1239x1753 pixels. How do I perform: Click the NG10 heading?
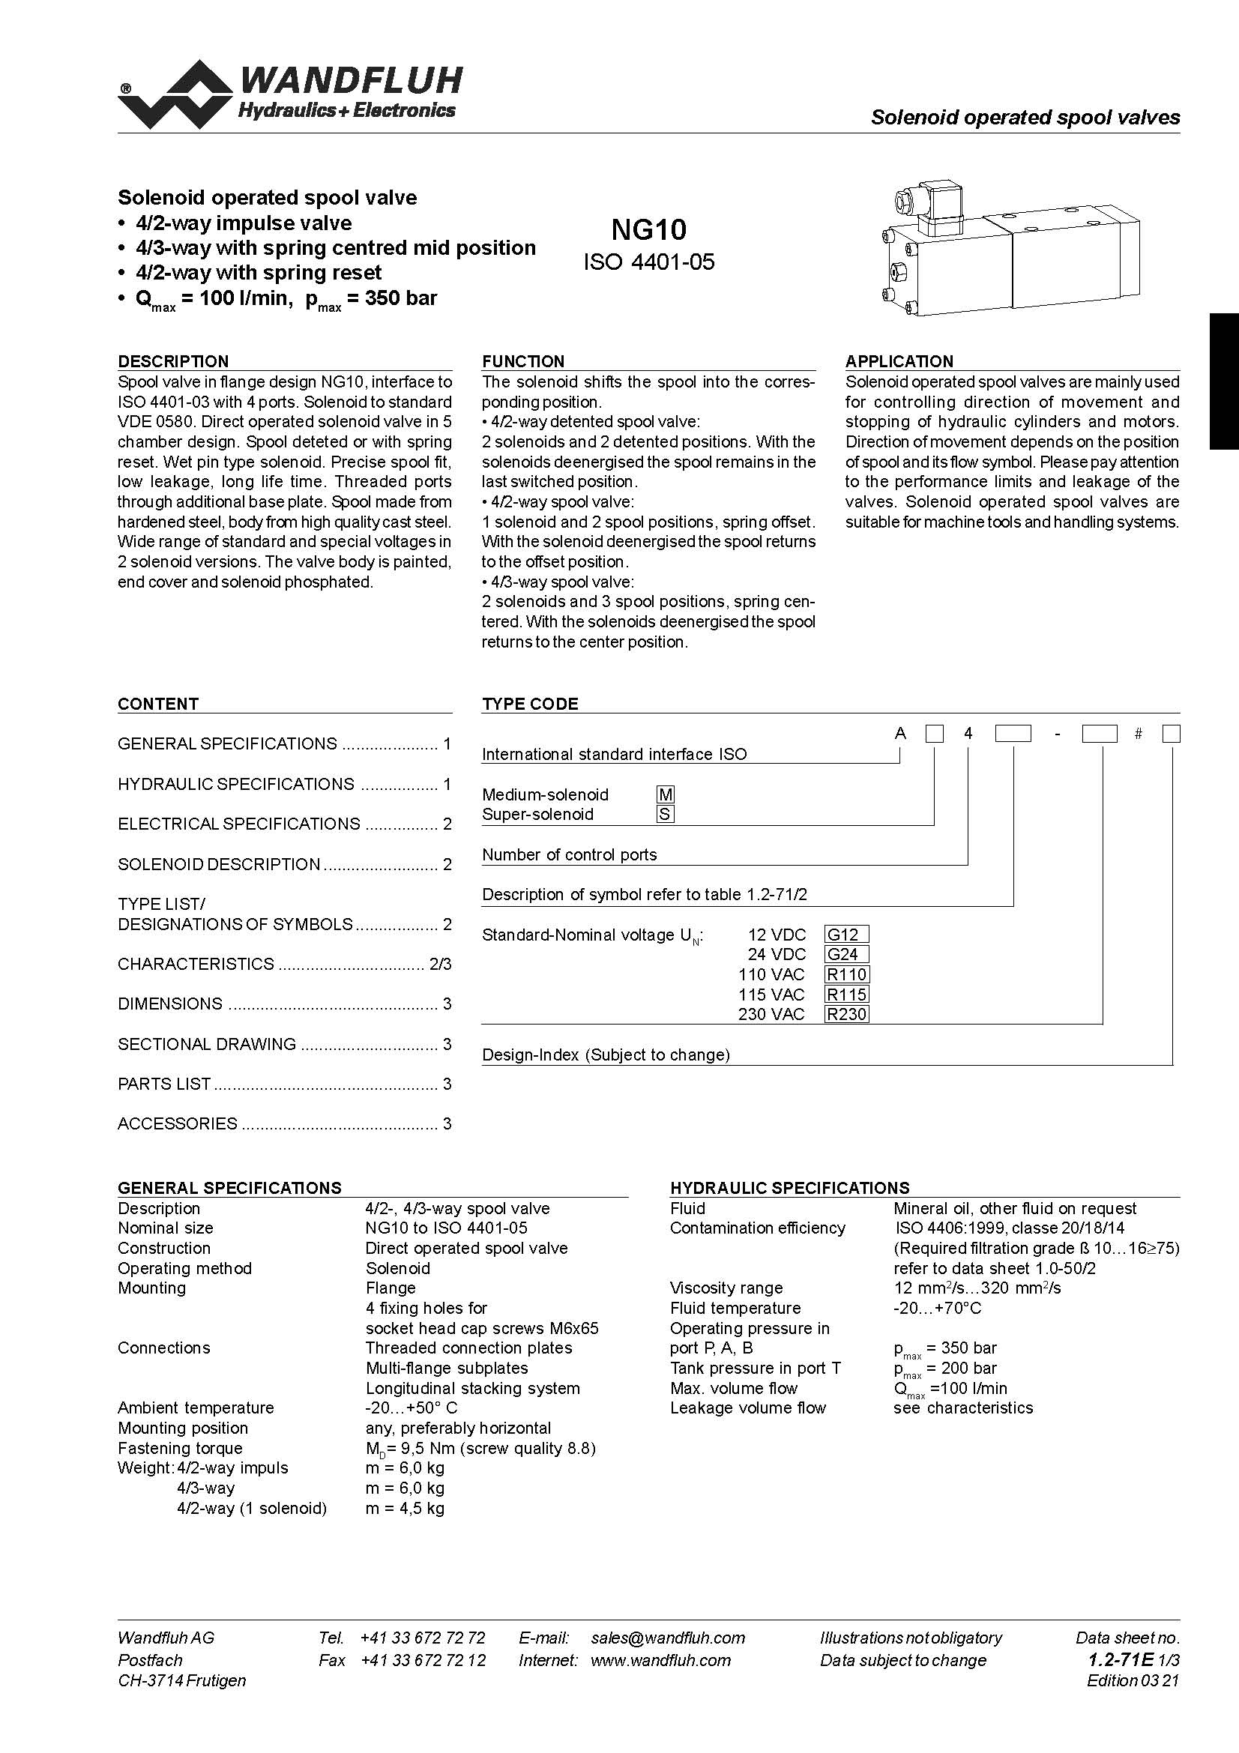649,229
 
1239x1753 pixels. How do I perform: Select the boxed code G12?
845,934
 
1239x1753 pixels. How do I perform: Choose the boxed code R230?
846,1014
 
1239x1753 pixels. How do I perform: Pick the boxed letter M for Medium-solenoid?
666,794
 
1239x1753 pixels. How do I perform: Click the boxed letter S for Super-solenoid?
665,814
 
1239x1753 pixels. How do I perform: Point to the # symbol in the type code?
1139,734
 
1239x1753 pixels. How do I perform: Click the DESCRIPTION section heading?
173,361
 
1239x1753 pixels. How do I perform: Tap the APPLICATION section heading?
899,361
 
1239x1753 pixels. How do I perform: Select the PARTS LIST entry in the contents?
164,1084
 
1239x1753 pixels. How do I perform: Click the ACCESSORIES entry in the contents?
177,1123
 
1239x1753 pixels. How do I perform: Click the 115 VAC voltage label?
771,994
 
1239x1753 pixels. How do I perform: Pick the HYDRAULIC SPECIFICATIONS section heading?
789,1187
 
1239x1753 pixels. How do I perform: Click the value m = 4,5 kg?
405,1508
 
